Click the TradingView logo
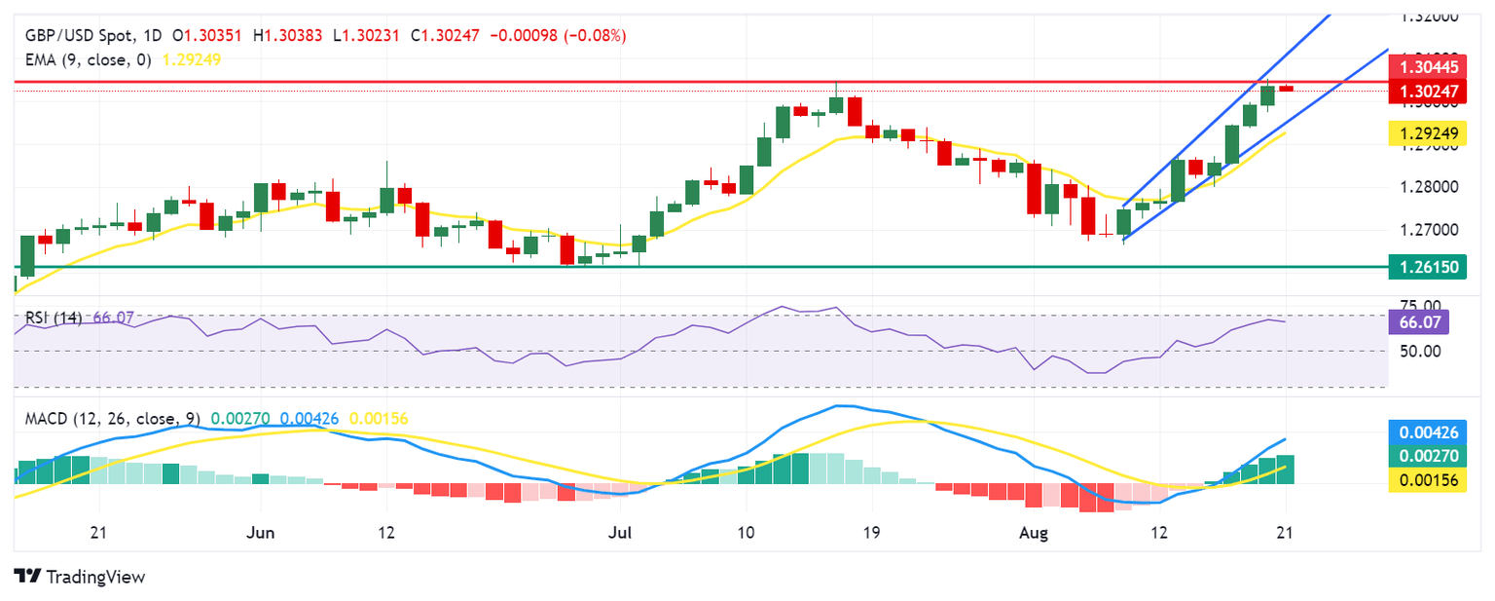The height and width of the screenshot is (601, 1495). coord(80,577)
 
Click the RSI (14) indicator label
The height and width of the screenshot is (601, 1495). coord(53,318)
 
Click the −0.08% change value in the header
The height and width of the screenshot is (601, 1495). coord(598,36)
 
